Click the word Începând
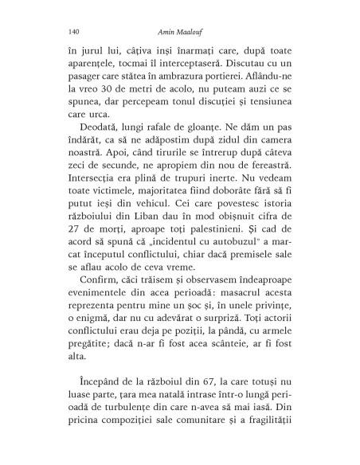pos(94,399)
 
